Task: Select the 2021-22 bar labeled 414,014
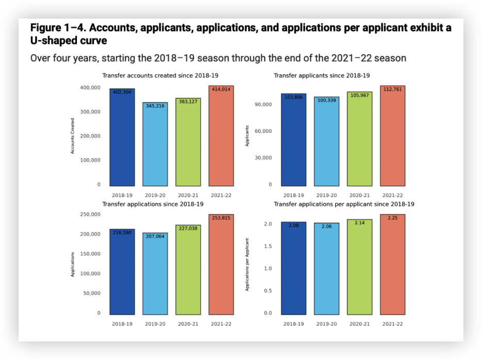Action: pos(221,137)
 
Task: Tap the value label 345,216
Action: pos(155,106)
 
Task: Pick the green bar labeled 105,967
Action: pos(360,139)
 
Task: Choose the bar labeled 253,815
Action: pos(221,266)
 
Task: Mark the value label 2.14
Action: pos(360,223)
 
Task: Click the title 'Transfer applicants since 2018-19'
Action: pos(322,75)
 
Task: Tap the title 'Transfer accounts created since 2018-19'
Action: pos(153,75)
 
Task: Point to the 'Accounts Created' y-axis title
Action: pos(73,136)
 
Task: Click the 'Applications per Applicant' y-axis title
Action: pos(247,264)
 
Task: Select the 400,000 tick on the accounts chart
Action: pos(90,88)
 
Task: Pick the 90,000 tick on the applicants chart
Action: pos(263,105)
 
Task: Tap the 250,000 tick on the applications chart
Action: pos(90,215)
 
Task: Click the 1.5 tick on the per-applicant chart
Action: pos(267,247)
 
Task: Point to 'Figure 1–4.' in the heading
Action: pos(58,28)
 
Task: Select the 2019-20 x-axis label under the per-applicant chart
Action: pos(327,324)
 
